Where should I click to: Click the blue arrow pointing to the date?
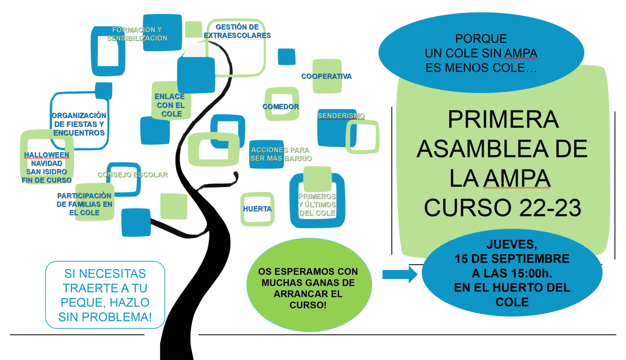pyautogui.click(x=399, y=274)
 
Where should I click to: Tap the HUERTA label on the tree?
pyautogui.click(x=257, y=209)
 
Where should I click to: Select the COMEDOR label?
pyautogui.click(x=281, y=107)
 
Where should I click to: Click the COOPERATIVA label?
pyautogui.click(x=326, y=76)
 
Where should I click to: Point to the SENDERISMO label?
pyautogui.click(x=341, y=116)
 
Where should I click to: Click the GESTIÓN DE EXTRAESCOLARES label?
pyautogui.click(x=237, y=31)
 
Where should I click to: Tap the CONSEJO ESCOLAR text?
pyautogui.click(x=132, y=175)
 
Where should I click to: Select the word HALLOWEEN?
pyautogui.click(x=46, y=155)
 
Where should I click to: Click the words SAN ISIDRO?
pyautogui.click(x=46, y=172)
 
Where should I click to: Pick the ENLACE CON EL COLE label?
pyautogui.click(x=170, y=105)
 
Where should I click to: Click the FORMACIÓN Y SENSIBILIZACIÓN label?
pyautogui.click(x=137, y=34)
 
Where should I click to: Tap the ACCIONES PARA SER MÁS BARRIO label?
pyautogui.click(x=281, y=154)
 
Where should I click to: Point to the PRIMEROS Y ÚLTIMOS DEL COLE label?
pyautogui.click(x=317, y=205)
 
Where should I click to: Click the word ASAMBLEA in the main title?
pyautogui.click(x=475, y=149)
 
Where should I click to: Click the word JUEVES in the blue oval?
pyautogui.click(x=512, y=244)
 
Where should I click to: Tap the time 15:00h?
pyautogui.click(x=533, y=273)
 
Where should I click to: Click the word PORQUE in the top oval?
pyautogui.click(x=481, y=39)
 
